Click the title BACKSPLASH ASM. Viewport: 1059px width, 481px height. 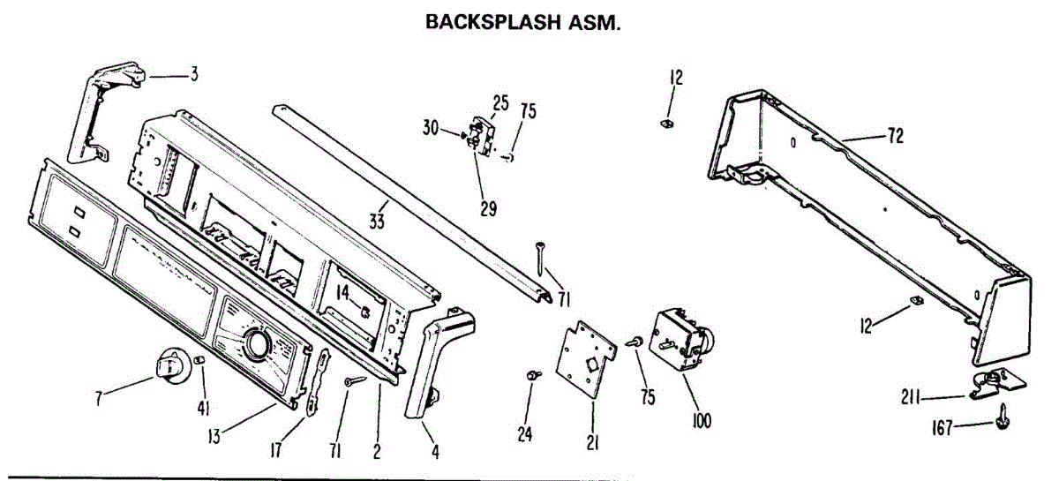pyautogui.click(x=523, y=22)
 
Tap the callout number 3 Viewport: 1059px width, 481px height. pyautogui.click(x=193, y=74)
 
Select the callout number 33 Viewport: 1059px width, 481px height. pyautogui.click(x=377, y=222)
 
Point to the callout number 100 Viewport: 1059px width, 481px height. pyautogui.click(x=702, y=421)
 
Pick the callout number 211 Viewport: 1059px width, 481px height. pyautogui.click(x=913, y=399)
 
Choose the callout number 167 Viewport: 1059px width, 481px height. pyautogui.click(x=943, y=430)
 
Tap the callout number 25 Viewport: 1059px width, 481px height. pyautogui.click(x=500, y=102)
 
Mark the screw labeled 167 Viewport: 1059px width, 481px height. pyautogui.click(x=1003, y=417)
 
